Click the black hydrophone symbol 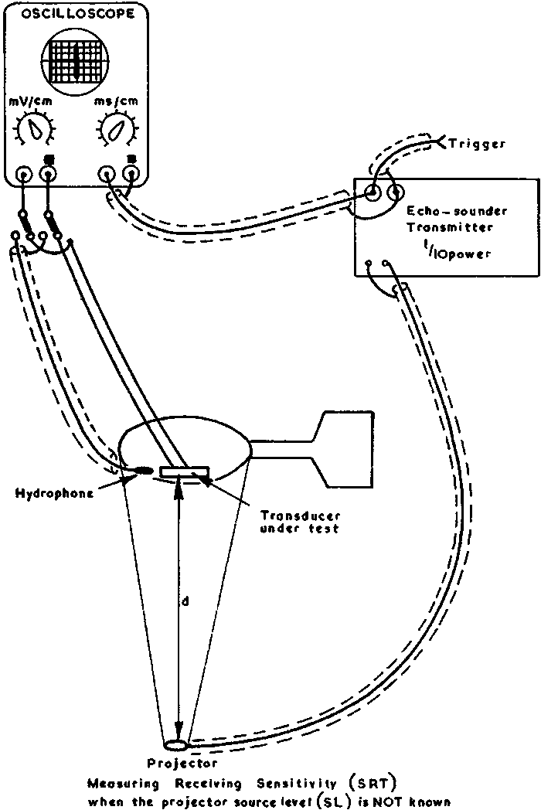click(145, 470)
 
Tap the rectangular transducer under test click(184, 471)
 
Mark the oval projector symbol click(176, 744)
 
